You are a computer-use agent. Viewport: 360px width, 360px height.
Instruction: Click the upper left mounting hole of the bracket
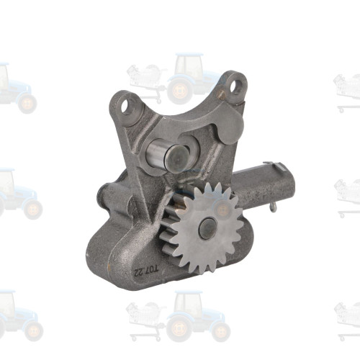pos(129,109)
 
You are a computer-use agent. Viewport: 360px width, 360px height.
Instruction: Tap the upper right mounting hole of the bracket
pos(234,88)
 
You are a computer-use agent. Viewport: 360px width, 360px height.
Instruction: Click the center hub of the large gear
pos(210,228)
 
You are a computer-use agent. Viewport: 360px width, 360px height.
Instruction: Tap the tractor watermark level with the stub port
pos(14,194)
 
